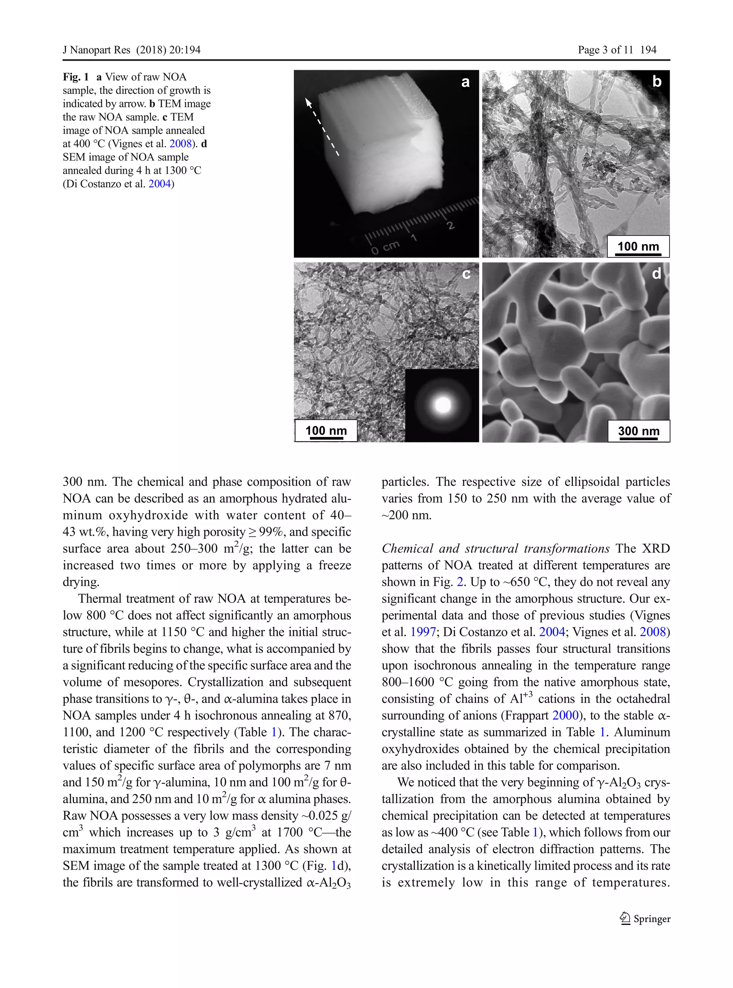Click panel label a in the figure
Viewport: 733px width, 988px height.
[x=465, y=82]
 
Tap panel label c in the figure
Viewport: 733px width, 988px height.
[x=466, y=274]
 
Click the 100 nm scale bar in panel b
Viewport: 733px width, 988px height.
[x=638, y=247]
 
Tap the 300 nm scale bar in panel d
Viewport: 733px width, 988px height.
[x=639, y=432]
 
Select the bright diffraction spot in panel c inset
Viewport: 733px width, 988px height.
[x=442, y=404]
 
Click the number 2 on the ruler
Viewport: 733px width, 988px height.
[x=451, y=226]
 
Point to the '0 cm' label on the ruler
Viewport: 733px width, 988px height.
[x=385, y=247]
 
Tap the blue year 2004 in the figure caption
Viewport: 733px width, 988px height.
[x=159, y=184]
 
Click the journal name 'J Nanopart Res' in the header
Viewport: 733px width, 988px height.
[x=96, y=50]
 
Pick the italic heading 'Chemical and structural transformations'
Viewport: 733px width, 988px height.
[x=495, y=549]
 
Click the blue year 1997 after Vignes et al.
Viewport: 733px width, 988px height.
[x=423, y=632]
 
